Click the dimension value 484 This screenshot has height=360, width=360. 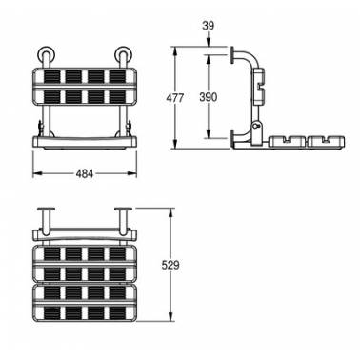[85, 173]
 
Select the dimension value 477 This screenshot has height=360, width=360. [174, 98]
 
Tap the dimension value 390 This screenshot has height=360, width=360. [209, 97]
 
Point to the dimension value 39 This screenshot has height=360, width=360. [209, 26]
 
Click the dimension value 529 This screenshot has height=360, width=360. [170, 265]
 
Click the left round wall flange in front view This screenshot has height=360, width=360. [47, 53]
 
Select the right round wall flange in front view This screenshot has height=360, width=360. [124, 53]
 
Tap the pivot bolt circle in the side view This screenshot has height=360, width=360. [256, 126]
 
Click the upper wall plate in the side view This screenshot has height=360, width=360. [232, 54]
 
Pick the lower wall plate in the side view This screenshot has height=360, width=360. [232, 138]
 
